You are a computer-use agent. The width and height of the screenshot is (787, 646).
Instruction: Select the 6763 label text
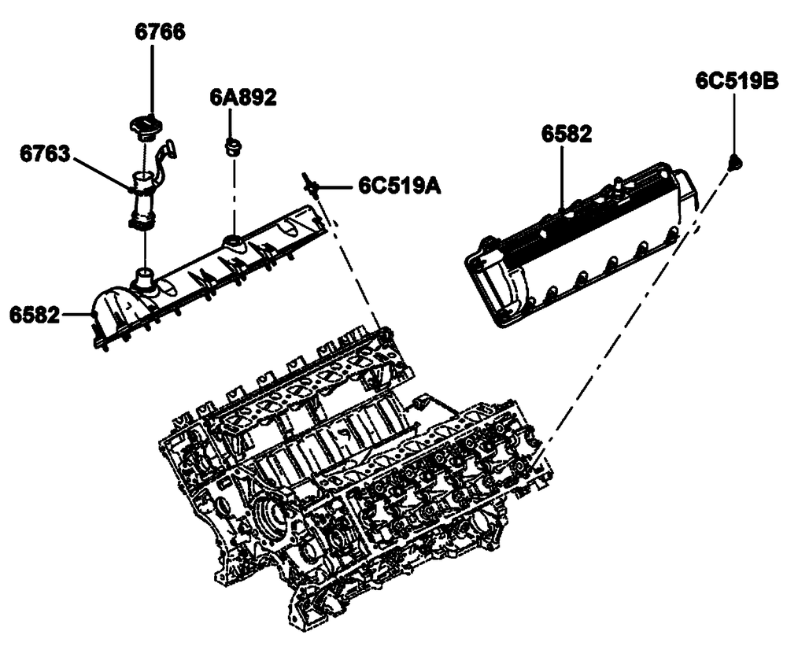tap(45, 153)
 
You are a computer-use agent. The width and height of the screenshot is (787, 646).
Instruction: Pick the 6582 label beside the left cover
tap(35, 315)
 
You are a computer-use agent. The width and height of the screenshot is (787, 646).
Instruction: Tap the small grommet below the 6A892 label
tap(231, 146)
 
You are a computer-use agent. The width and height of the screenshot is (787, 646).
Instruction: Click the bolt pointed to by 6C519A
tap(309, 183)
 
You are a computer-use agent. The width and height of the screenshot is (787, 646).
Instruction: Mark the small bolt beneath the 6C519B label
tap(736, 162)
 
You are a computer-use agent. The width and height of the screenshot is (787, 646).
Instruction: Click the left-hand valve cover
tap(209, 279)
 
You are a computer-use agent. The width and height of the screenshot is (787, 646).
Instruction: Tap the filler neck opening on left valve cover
tap(145, 277)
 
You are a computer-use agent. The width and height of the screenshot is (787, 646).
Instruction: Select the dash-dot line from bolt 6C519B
tap(630, 315)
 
